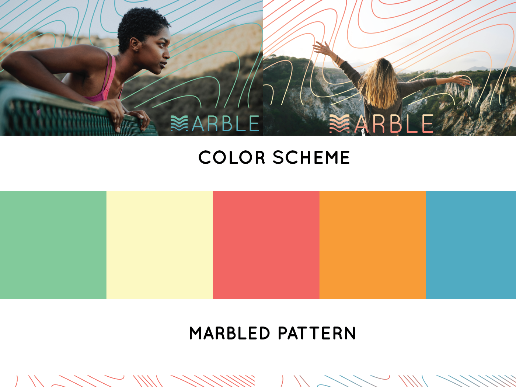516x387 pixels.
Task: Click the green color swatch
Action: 53,245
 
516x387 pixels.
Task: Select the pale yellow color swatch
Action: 160,245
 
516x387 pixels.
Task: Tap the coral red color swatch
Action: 266,245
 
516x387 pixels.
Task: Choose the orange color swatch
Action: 373,245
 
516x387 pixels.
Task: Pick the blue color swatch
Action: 471,245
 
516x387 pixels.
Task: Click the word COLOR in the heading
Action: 232,157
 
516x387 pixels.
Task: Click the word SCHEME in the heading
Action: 311,157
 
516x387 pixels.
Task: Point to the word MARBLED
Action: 230,333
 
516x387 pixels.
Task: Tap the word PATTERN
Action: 317,333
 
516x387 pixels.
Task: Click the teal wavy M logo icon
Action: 179,123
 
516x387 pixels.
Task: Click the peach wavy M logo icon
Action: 339,123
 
